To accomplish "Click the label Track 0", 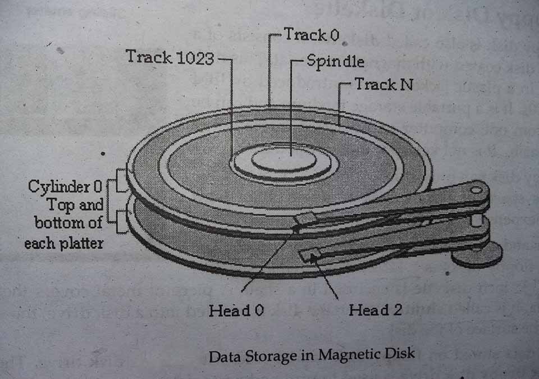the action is pos(312,35).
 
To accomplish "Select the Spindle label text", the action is pos(335,61).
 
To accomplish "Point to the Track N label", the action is pos(384,85).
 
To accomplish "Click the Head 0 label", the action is pos(236,310).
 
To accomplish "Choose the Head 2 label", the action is pos(375,309).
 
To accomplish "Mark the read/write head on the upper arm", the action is pos(306,218).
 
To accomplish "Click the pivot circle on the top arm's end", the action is pos(477,190).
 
